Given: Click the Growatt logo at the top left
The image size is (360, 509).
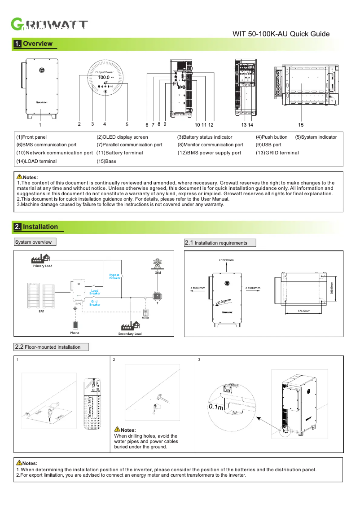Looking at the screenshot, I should (x=49, y=25).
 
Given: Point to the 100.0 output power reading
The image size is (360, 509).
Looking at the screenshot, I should (x=104, y=78).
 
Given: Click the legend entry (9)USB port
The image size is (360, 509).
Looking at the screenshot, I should (x=268, y=145).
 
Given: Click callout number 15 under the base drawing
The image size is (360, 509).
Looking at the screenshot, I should (x=300, y=124).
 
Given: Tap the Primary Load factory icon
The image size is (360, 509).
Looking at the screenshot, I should (x=40, y=258).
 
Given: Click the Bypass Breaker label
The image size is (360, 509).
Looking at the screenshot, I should (x=115, y=276).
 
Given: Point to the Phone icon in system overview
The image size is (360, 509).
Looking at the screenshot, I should (x=75, y=324).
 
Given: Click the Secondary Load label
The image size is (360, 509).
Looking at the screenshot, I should (x=130, y=334).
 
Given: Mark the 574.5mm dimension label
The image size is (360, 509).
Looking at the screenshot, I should (x=304, y=311).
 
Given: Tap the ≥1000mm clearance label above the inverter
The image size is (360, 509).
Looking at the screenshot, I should (x=226, y=260).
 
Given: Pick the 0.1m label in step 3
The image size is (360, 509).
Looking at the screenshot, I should (x=216, y=407).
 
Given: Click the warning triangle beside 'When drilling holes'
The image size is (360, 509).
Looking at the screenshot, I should (x=117, y=430).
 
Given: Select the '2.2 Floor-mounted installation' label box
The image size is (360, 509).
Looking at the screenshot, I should (x=51, y=347).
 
